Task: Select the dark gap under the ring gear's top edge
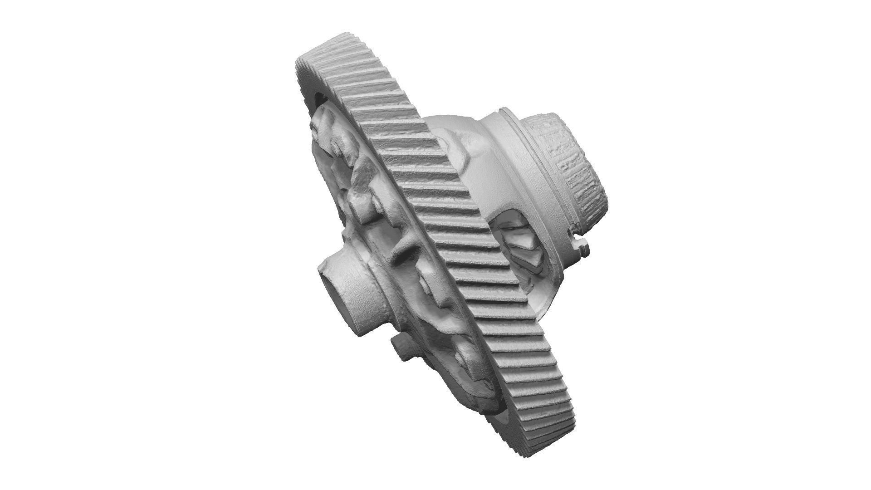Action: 320,97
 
